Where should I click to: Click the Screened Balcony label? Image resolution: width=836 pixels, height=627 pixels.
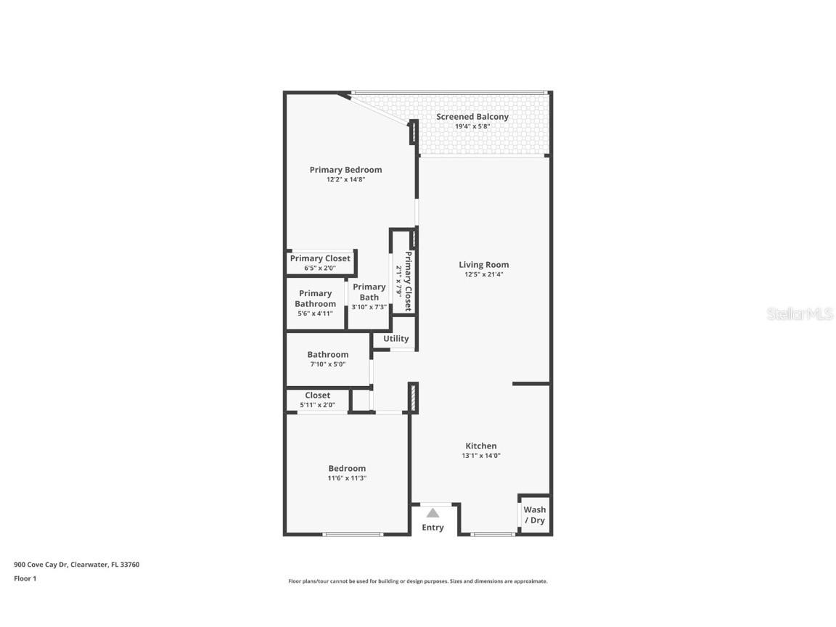tap(472, 117)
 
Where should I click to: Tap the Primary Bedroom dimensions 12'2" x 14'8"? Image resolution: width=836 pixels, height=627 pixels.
tap(345, 180)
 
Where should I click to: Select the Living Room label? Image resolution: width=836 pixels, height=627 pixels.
tap(483, 265)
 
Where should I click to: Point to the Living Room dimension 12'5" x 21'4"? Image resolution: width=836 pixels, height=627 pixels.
tap(483, 275)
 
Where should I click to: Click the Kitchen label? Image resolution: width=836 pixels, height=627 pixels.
tap(481, 446)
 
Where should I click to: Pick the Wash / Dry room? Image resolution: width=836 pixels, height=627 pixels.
tap(534, 515)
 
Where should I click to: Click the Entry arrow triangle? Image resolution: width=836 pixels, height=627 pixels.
tap(433, 513)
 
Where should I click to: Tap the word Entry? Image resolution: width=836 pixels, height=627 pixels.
tap(433, 528)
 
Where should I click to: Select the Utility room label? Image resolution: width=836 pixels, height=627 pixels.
tap(396, 339)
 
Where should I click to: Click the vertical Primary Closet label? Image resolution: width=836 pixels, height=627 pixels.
tap(408, 281)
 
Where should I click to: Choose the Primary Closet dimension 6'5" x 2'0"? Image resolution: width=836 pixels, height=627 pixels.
tap(320, 269)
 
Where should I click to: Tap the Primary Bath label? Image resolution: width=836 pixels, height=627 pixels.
tap(369, 292)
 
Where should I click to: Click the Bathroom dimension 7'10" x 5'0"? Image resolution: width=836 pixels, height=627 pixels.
tap(327, 364)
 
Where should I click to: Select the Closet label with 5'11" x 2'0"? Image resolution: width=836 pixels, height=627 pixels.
tap(317, 396)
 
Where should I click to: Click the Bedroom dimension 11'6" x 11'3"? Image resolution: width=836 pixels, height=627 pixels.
tap(347, 478)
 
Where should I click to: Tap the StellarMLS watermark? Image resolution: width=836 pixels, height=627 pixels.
tap(800, 314)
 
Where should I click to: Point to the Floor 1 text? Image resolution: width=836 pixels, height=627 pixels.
tap(25, 578)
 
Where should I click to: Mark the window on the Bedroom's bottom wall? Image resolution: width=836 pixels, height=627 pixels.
tap(353, 535)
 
